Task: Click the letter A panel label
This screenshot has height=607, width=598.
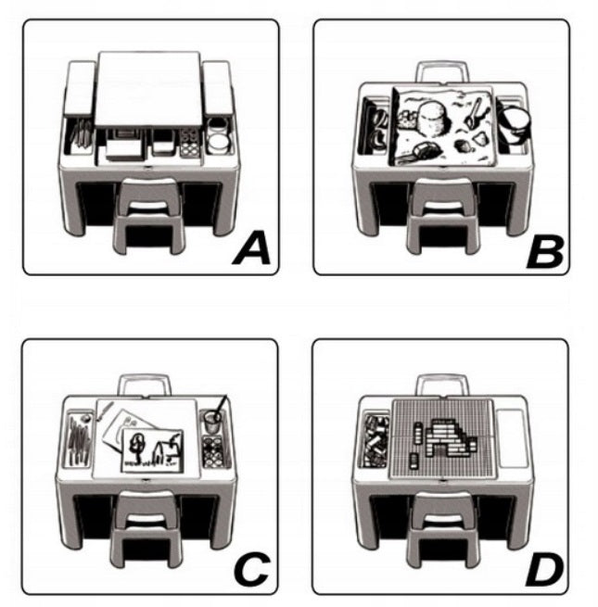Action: tap(252, 247)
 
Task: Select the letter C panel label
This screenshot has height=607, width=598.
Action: tap(252, 569)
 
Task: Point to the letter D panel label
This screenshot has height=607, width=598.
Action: tap(544, 570)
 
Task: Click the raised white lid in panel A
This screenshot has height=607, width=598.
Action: tap(149, 88)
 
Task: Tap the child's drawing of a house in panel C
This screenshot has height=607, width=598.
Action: tap(152, 449)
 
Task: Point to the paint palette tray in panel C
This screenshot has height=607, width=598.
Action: tap(212, 451)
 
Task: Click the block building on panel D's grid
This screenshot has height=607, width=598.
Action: tap(450, 438)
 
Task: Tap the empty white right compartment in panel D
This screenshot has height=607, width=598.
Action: tap(511, 438)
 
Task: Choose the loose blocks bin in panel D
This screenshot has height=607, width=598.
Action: tap(375, 440)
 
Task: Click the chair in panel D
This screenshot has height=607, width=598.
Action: tap(442, 529)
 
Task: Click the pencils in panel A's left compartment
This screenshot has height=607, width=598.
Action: tap(81, 134)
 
